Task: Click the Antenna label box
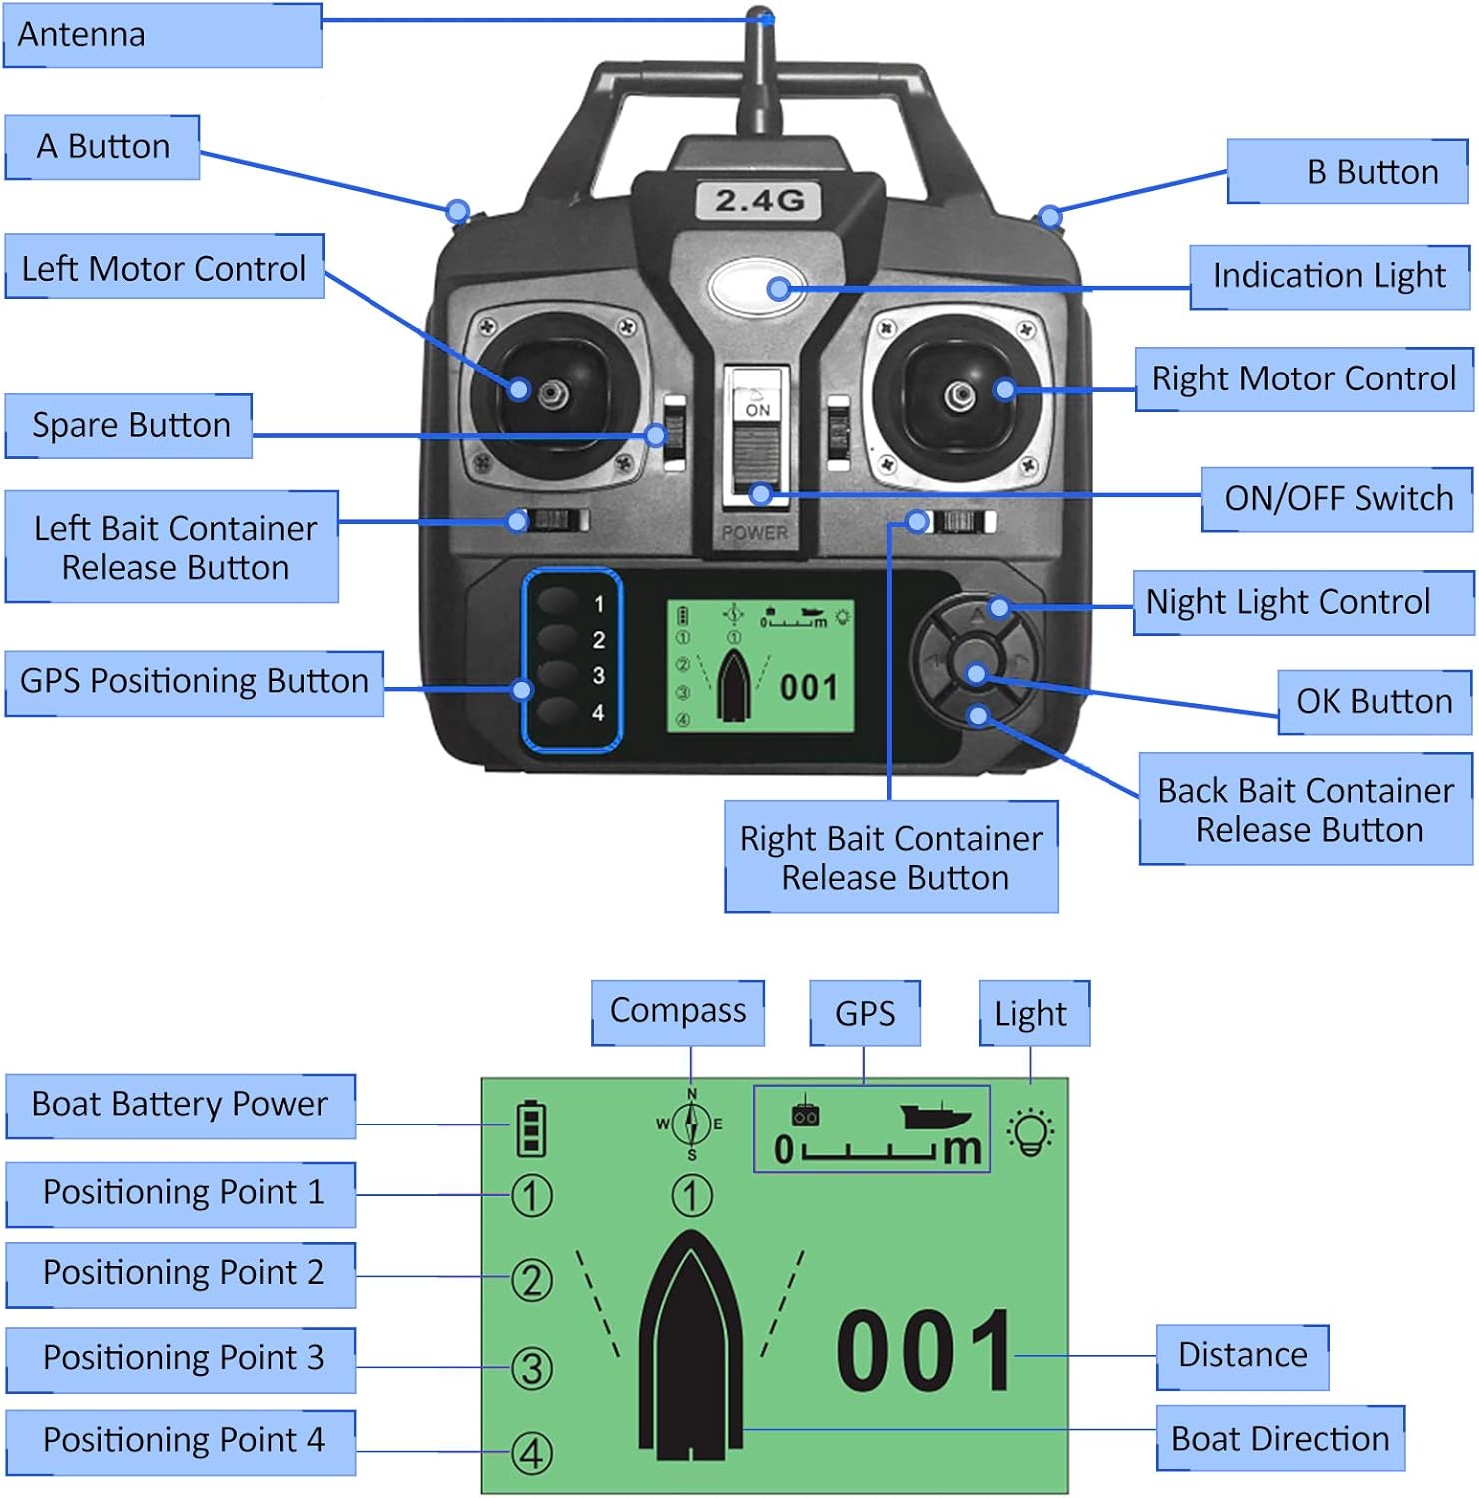point(162,35)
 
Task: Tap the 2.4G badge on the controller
point(759,201)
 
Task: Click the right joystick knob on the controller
point(960,395)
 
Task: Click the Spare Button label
point(129,426)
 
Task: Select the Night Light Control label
point(1302,602)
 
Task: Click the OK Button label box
point(1374,702)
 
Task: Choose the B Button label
point(1347,172)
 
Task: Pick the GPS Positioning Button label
point(195,682)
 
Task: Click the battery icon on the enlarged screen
point(531,1128)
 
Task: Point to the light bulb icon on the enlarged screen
point(1031,1131)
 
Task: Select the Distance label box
point(1242,1356)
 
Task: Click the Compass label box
point(678,1012)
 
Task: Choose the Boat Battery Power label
point(181,1106)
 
